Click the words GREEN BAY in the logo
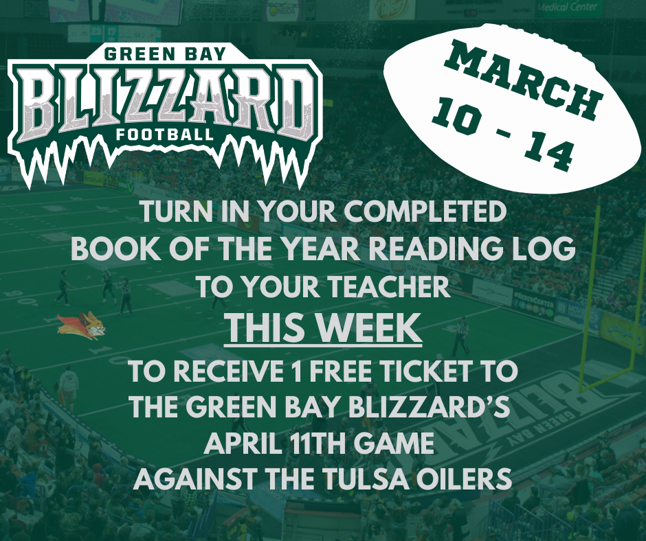click(x=165, y=54)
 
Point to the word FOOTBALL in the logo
click(x=165, y=135)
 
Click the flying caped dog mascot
click(x=82, y=325)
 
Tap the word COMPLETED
click(x=425, y=212)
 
